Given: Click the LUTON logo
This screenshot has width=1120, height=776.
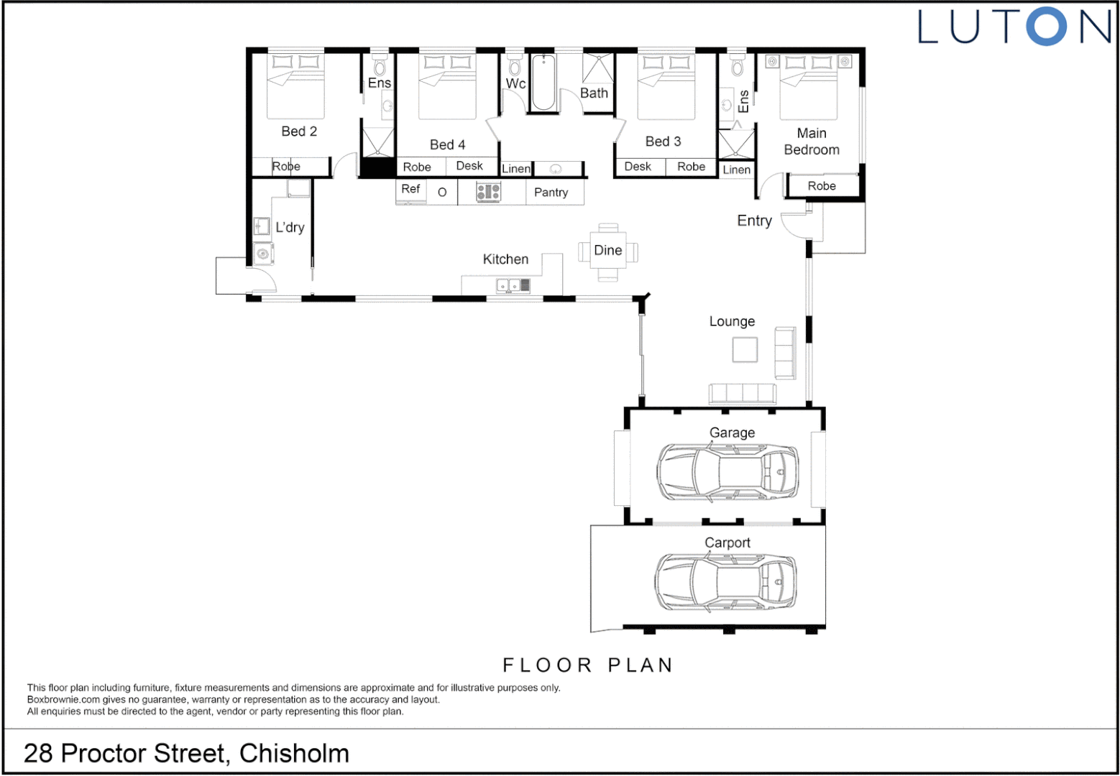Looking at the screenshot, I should [x=1014, y=27].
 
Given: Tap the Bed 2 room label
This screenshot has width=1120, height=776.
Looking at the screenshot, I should [x=299, y=131].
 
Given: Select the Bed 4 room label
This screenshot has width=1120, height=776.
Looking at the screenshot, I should [x=447, y=144].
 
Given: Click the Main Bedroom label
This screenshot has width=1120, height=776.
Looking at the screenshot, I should [x=812, y=142].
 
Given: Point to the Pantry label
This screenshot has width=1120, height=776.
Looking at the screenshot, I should [x=551, y=193].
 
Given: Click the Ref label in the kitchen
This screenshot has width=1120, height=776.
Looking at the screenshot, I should [x=410, y=189].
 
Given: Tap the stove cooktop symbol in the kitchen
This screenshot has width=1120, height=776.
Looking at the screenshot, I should [x=489, y=192].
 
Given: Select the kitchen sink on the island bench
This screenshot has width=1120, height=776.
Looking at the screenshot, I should [x=513, y=286].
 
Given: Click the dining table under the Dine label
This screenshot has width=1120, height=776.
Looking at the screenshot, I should [x=607, y=251].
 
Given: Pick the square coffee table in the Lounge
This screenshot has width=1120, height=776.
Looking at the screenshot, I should [x=745, y=350].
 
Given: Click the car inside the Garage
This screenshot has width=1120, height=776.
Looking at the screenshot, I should [x=727, y=472].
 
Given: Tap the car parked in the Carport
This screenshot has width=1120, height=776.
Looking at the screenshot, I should [x=725, y=581].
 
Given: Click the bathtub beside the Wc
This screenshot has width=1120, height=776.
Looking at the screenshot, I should [x=543, y=83].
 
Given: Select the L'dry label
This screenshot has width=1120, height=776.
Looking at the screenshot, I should [x=290, y=228].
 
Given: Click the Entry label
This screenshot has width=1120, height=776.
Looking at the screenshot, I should [x=754, y=221].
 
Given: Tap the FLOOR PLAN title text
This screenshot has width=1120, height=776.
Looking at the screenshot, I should [x=587, y=665].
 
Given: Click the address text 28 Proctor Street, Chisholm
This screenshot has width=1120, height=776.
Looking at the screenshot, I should [x=186, y=753].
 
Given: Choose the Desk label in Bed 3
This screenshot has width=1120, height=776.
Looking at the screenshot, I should [x=638, y=167].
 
